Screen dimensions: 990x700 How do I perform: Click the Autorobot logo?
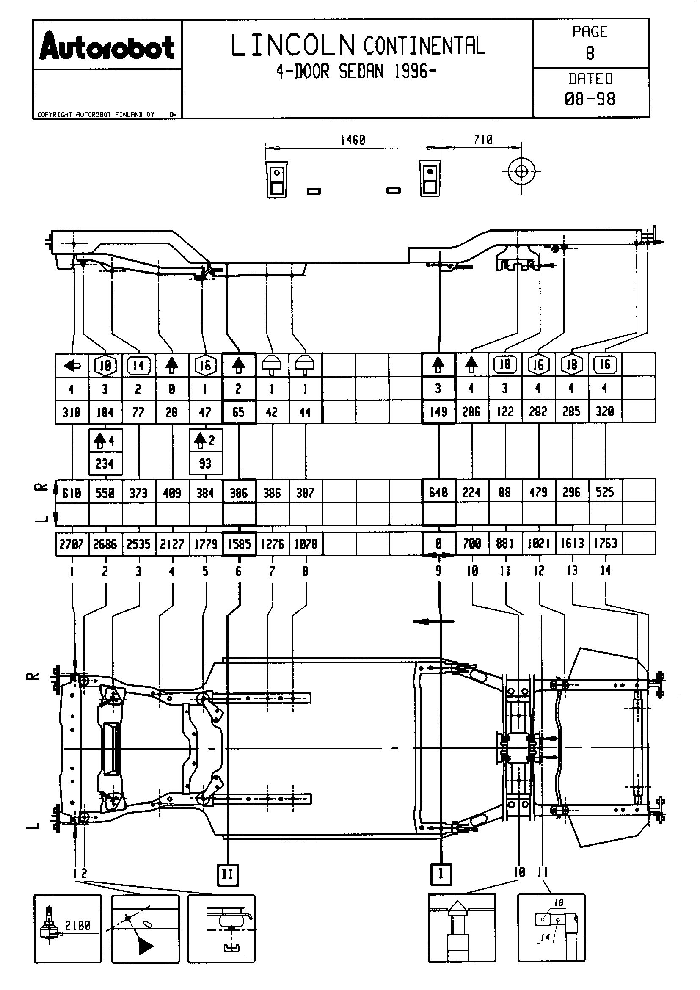pos(107,46)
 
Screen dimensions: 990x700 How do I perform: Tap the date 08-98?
pos(590,99)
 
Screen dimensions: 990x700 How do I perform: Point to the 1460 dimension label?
pos(353,140)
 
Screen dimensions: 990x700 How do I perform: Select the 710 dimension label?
pos(483,140)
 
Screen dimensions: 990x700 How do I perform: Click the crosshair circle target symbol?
pos(521,171)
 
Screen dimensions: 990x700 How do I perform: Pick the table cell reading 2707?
pos(72,544)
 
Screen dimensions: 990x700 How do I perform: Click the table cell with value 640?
pos(438,492)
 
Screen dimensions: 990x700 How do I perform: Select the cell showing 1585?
pos(239,544)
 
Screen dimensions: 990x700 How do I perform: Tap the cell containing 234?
pos(105,464)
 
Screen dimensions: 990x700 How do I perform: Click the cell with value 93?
pos(205,463)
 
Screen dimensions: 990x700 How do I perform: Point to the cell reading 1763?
pos(606,543)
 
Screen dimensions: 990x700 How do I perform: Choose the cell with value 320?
pos(605,412)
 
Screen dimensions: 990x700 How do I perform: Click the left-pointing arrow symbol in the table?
pos(72,366)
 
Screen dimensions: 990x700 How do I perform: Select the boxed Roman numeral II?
pos(228,875)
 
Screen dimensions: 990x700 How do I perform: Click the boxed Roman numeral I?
pos(441,874)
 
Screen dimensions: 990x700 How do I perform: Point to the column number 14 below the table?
pos(606,571)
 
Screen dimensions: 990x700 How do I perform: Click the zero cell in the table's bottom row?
pos(438,544)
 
